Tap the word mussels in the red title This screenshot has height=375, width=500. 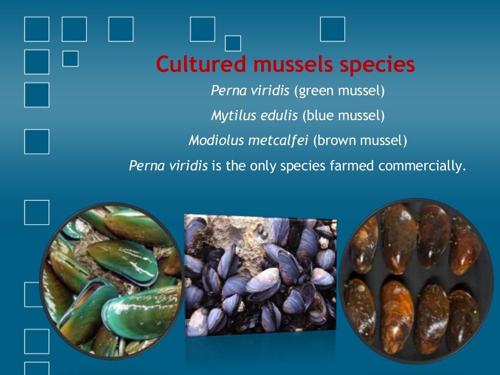point(274,64)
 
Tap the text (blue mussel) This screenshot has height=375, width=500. point(343,116)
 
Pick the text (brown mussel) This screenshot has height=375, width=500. point(360,141)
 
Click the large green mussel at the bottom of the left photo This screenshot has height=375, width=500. point(142,312)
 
